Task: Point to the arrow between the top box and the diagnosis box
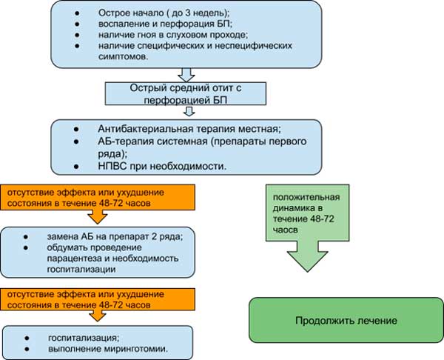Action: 188,75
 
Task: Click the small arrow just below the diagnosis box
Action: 188,111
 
